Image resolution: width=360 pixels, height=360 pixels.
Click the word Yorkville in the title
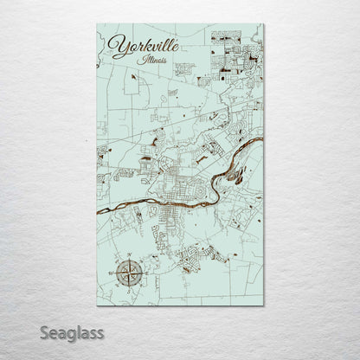(145, 47)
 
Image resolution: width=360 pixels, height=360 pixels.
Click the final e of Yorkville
(177, 44)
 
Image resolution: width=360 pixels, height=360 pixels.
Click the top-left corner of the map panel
(97, 24)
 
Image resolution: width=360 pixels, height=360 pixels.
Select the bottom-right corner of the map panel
(264, 306)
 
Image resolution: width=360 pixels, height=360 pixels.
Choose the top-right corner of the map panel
(264, 24)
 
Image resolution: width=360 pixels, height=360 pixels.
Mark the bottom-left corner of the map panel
(97, 306)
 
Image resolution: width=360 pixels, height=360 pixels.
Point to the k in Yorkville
(146, 46)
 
